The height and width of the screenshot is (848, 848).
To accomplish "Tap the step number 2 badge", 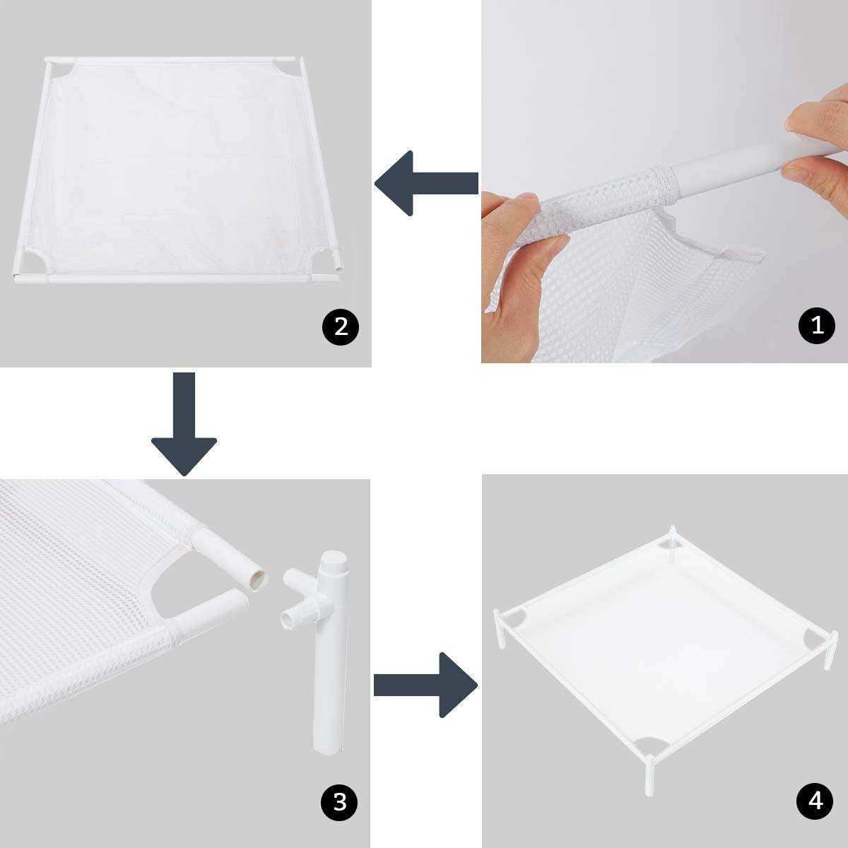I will click(340, 326).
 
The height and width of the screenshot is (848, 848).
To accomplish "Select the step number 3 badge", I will click(340, 801).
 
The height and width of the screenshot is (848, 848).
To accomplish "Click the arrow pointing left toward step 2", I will click(424, 182).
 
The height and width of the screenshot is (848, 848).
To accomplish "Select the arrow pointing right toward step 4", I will click(424, 684).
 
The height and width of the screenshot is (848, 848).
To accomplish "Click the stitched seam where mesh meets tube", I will click(661, 174).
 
